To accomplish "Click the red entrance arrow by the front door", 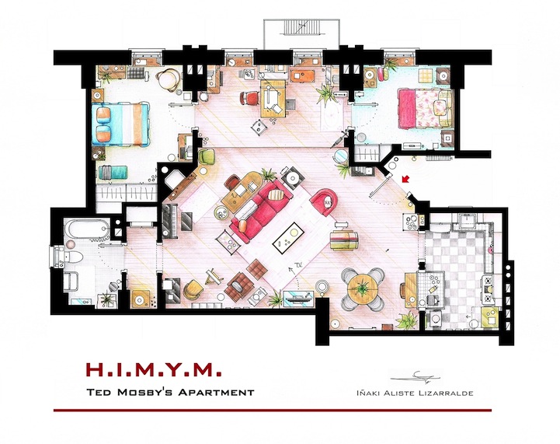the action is [405, 179].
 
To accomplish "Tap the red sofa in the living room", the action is [262, 208].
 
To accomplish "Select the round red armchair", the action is [324, 201].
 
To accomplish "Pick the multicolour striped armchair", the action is [344, 239].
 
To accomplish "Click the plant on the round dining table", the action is [363, 287].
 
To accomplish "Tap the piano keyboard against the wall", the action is [166, 220].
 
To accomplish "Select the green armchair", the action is [206, 156].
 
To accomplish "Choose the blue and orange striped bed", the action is [120, 124].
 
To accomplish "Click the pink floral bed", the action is [425, 108].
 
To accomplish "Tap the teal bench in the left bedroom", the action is [113, 173].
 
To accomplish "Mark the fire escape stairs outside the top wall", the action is [302, 28].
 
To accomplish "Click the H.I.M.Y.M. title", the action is [154, 369].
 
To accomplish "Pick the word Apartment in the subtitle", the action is [216, 392].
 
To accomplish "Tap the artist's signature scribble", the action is [416, 377].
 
